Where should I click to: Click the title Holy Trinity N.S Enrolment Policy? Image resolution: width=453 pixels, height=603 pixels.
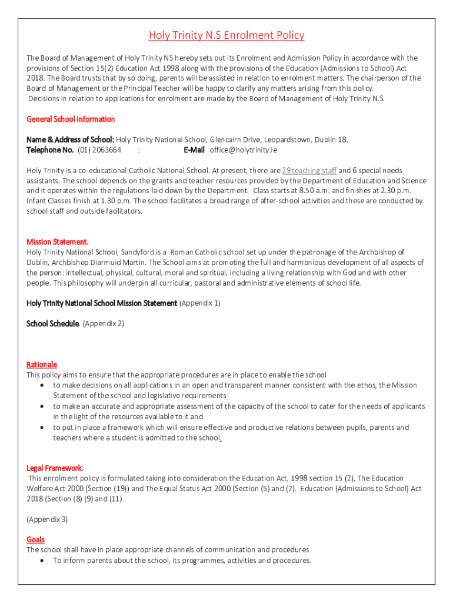click(226, 35)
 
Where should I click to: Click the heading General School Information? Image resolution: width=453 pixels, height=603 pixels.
click(71, 119)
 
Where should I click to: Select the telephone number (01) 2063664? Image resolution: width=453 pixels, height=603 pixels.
click(99, 150)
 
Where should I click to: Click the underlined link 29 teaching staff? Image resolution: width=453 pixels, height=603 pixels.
click(309, 170)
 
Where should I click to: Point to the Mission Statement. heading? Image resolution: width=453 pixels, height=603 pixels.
click(58, 241)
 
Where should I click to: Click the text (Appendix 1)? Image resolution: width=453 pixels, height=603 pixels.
click(200, 303)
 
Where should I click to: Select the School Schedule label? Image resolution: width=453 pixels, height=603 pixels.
click(52, 323)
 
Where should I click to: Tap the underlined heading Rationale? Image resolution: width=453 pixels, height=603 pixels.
click(42, 365)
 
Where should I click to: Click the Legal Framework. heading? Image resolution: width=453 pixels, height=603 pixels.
click(55, 468)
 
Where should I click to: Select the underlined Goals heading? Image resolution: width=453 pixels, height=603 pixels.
click(35, 539)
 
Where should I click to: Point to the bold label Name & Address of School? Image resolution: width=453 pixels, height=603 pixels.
click(70, 140)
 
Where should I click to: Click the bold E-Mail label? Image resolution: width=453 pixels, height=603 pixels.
click(194, 150)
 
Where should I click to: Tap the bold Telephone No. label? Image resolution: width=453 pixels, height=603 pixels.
click(50, 150)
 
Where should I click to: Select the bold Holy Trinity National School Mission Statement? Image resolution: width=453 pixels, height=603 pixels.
click(102, 303)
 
